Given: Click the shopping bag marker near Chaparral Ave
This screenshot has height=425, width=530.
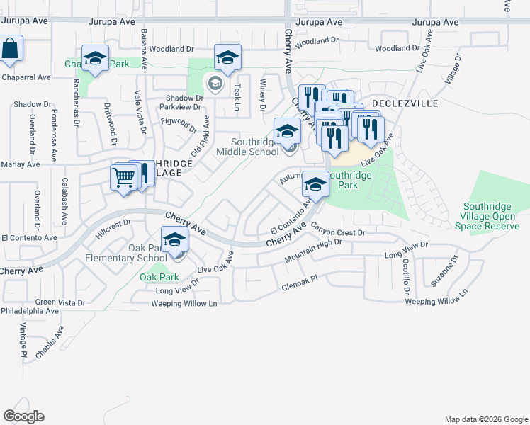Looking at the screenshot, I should coord(10,50).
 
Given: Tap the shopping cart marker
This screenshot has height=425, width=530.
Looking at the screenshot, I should coord(124,176).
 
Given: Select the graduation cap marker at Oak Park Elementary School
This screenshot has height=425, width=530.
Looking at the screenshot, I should coord(174,240).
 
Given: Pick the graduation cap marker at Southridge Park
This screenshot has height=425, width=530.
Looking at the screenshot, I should coord(315,185).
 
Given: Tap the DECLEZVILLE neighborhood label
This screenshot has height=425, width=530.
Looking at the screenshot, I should coord(405,103).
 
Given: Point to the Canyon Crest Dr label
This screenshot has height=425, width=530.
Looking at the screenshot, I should coord(337,232).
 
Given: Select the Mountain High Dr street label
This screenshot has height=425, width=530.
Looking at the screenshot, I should coord(313,251).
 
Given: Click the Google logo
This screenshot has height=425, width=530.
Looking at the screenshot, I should coord(23,416).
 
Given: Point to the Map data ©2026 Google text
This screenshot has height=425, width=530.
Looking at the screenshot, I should coord(485,419).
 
